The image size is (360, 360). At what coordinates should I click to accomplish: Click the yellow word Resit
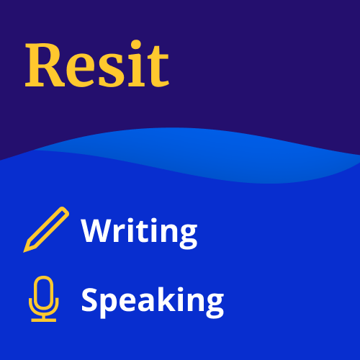pyautogui.click(x=97, y=63)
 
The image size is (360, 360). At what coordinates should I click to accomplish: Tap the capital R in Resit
pyautogui.click(x=45, y=65)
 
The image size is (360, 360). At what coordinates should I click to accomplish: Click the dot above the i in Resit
pyautogui.click(x=136, y=45)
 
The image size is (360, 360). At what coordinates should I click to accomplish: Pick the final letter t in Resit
pyautogui.click(x=158, y=67)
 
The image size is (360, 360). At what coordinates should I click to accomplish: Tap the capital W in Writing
pyautogui.click(x=99, y=230)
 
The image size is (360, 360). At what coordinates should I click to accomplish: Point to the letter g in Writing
pyautogui.click(x=189, y=237)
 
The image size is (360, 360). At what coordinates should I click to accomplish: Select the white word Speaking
pyautogui.click(x=153, y=302)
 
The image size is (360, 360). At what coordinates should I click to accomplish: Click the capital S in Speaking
pyautogui.click(x=89, y=300)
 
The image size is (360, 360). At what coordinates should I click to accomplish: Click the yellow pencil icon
pyautogui.click(x=46, y=230)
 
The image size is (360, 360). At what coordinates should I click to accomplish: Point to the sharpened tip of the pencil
pyautogui.click(x=24, y=252)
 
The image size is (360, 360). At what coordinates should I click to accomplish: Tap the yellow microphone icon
pyautogui.click(x=44, y=299)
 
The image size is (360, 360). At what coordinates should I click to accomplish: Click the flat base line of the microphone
pyautogui.click(x=44, y=320)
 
